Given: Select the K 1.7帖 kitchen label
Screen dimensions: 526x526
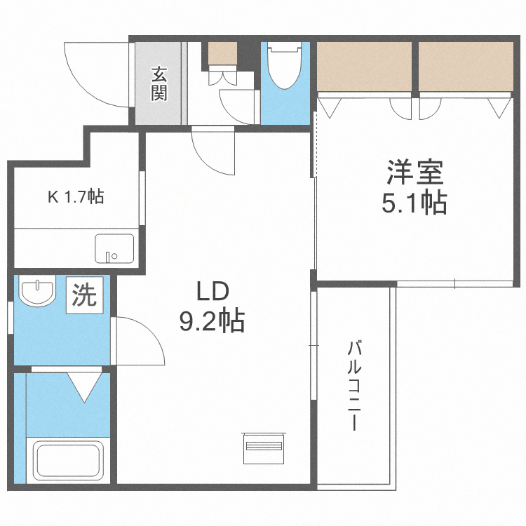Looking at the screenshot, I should tap(76, 197).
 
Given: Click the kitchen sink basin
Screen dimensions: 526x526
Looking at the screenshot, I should tap(114, 248).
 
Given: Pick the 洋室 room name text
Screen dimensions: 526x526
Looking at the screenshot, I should tap(414, 172).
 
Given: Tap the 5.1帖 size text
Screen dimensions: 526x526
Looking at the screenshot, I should tap(414, 204).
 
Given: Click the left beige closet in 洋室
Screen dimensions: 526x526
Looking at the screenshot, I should tap(365, 66).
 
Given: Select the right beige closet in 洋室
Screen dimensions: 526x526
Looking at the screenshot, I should tap(466, 66).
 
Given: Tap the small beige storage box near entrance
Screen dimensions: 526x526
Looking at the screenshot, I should tap(223, 53).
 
